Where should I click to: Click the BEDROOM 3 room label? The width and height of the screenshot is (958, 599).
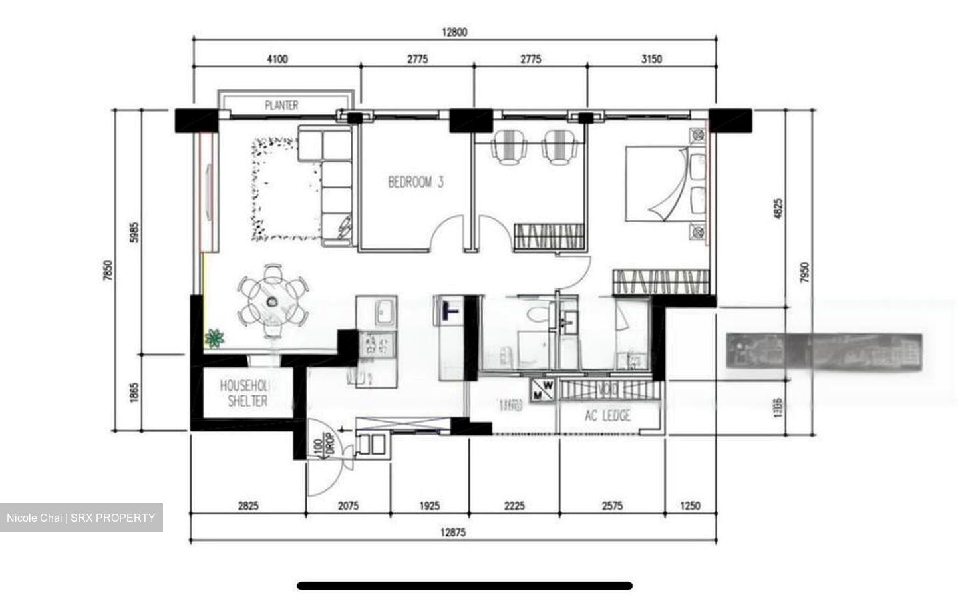click(x=416, y=182)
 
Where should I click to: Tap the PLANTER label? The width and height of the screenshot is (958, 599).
click(x=281, y=105)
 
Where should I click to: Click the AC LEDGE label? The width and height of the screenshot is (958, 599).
click(x=607, y=417)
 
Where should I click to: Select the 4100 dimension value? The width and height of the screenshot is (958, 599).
click(x=277, y=59)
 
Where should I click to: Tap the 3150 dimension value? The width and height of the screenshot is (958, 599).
click(x=651, y=59)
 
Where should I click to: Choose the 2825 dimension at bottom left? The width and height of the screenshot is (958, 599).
click(x=247, y=506)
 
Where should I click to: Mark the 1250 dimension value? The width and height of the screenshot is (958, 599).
click(x=690, y=506)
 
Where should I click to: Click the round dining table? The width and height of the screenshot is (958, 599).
click(x=273, y=301)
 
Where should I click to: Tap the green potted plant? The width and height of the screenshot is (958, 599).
click(x=214, y=339)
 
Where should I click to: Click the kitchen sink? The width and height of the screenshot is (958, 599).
click(x=384, y=310)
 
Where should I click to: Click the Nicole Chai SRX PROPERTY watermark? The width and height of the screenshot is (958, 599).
click(x=81, y=518)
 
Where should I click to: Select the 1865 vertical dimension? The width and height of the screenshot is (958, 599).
click(x=133, y=392)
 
